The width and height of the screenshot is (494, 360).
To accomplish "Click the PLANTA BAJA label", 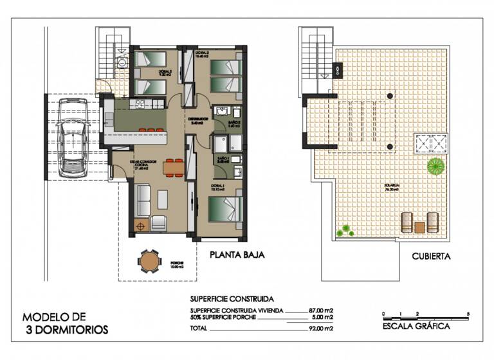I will [x=237, y=255].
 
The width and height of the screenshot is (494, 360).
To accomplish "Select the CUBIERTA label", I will [x=430, y=256].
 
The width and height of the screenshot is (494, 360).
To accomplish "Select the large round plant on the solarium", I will [x=436, y=166].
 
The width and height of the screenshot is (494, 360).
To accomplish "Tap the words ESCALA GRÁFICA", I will [x=416, y=326].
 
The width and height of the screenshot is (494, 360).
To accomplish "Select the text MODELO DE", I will [x=53, y=317].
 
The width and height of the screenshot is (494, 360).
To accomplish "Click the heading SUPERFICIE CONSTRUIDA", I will [x=232, y=299].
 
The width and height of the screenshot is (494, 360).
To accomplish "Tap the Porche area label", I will [x=178, y=265].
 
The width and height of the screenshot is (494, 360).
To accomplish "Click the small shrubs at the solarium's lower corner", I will [x=347, y=228].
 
